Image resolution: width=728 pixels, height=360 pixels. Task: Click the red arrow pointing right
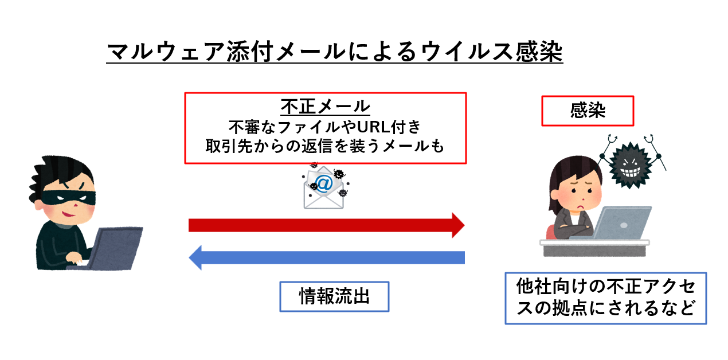tap(326, 225)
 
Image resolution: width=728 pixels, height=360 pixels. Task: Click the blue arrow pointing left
tap(327, 257)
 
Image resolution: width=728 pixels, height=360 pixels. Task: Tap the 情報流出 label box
tap(334, 296)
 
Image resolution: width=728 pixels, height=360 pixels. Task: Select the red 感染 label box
tap(588, 111)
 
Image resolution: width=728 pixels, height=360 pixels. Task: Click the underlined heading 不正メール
tap(326, 107)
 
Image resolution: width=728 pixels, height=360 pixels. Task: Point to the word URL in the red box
tap(373, 127)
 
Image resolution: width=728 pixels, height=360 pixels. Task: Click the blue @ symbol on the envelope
tap(324, 183)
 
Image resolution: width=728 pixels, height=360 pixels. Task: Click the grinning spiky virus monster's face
tap(630, 166)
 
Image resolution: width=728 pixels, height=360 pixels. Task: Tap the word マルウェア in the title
tap(166, 52)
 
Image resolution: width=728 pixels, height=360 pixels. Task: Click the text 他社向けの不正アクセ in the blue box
tap(606, 287)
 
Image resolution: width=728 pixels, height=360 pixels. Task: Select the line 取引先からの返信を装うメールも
tap(324, 146)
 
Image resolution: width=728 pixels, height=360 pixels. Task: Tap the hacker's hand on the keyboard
tap(76, 259)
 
